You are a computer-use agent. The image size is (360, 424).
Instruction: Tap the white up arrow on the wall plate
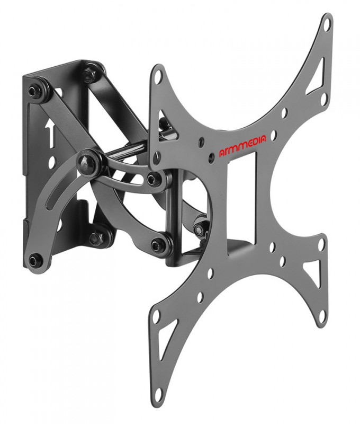[50, 135]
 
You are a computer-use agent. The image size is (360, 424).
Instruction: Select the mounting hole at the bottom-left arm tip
[156, 315]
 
